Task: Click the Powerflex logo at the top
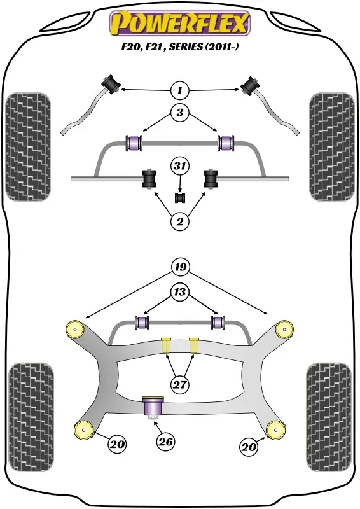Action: [x=180, y=23]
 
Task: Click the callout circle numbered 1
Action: [x=179, y=90]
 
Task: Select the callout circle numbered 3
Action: [x=179, y=113]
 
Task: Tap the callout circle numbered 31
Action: [x=180, y=166]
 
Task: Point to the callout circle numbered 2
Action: [x=179, y=221]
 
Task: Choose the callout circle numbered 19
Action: [x=181, y=267]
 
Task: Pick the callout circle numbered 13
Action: [x=179, y=292]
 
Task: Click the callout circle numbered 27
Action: [x=180, y=385]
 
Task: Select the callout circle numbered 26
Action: [x=165, y=442]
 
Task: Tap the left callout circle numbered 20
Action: [x=117, y=443]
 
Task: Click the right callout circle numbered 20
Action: [x=249, y=447]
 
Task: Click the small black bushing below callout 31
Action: [x=180, y=198]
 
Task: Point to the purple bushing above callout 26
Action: [x=153, y=407]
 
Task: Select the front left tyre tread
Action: [x=28, y=147]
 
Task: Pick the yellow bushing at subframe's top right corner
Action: [x=284, y=329]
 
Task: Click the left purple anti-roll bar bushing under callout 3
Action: [x=134, y=143]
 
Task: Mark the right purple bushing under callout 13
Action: [x=218, y=322]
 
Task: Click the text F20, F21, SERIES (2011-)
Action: [x=180, y=46]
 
